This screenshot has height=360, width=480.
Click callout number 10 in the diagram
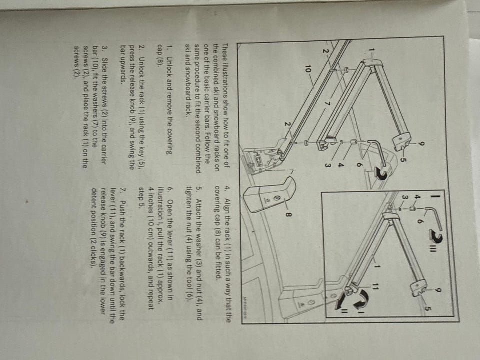[306, 70]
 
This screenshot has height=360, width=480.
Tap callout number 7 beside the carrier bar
[326, 103]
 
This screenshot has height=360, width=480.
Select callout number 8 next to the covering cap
[287, 214]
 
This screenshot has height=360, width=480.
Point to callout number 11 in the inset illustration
[375, 287]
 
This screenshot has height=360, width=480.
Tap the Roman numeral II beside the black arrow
[344, 311]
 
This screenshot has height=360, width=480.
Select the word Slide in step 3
[104, 65]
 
